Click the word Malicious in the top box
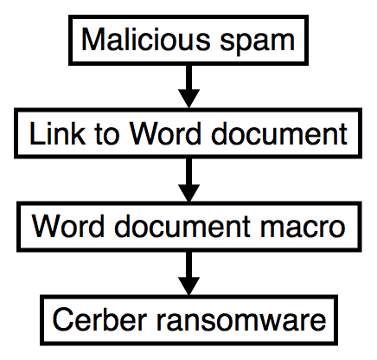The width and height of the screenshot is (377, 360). point(146,39)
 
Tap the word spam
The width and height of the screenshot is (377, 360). point(258,42)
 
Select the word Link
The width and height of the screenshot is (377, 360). point(57,133)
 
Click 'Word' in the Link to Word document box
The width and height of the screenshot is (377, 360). point(164,133)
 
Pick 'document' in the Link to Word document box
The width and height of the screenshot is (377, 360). point(279,133)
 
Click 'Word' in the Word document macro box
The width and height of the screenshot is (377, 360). point(67,226)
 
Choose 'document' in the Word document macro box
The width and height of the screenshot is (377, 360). point(182,226)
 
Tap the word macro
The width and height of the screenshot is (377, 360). point(303,229)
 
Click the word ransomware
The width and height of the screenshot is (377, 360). point(241,322)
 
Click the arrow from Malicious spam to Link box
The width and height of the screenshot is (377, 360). point(188,87)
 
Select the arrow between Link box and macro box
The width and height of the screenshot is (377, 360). point(188,180)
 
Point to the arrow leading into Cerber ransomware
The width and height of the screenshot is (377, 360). point(188,273)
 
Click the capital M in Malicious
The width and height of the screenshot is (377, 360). point(93,39)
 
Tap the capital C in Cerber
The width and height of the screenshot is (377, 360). point(63,319)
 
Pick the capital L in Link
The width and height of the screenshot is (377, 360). point(37,133)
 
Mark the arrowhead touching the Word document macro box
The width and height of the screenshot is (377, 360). point(188,193)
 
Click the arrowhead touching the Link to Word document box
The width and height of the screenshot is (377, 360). point(188,99)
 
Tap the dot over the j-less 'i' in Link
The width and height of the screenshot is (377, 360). point(49,123)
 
